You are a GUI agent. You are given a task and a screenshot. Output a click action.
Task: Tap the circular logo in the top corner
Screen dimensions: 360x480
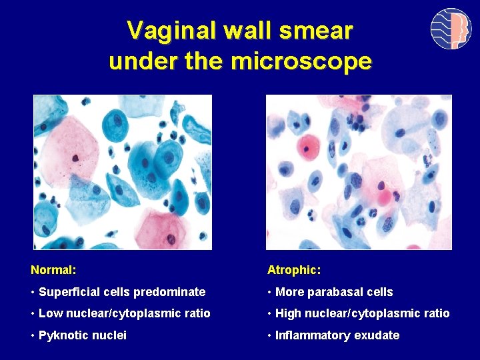point(451,29)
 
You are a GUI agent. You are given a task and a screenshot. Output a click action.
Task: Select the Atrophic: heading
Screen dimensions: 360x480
point(294,270)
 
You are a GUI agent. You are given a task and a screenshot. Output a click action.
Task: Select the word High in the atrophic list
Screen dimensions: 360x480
point(289,313)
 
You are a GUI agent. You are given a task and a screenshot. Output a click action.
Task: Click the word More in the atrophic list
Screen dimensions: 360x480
point(289,292)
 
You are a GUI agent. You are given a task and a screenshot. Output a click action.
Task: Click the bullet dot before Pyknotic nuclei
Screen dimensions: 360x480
point(33,335)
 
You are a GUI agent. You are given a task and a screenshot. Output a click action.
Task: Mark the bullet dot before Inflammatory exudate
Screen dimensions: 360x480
point(269,335)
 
